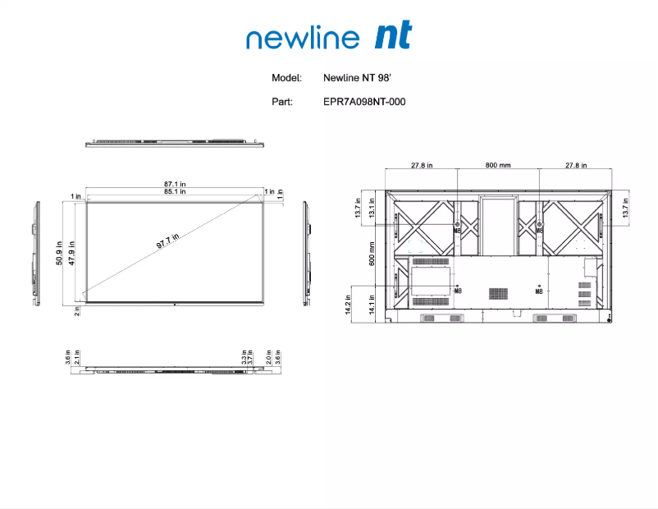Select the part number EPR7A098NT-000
[x=364, y=103]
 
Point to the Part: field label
[x=282, y=103]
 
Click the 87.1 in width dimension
[x=175, y=183]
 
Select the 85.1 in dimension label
[x=175, y=191]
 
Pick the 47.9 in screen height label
[x=71, y=253]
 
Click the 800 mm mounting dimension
[x=497, y=166]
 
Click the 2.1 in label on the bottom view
[x=76, y=360]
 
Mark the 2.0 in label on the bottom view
[x=268, y=360]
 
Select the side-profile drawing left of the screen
[x=35, y=252]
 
